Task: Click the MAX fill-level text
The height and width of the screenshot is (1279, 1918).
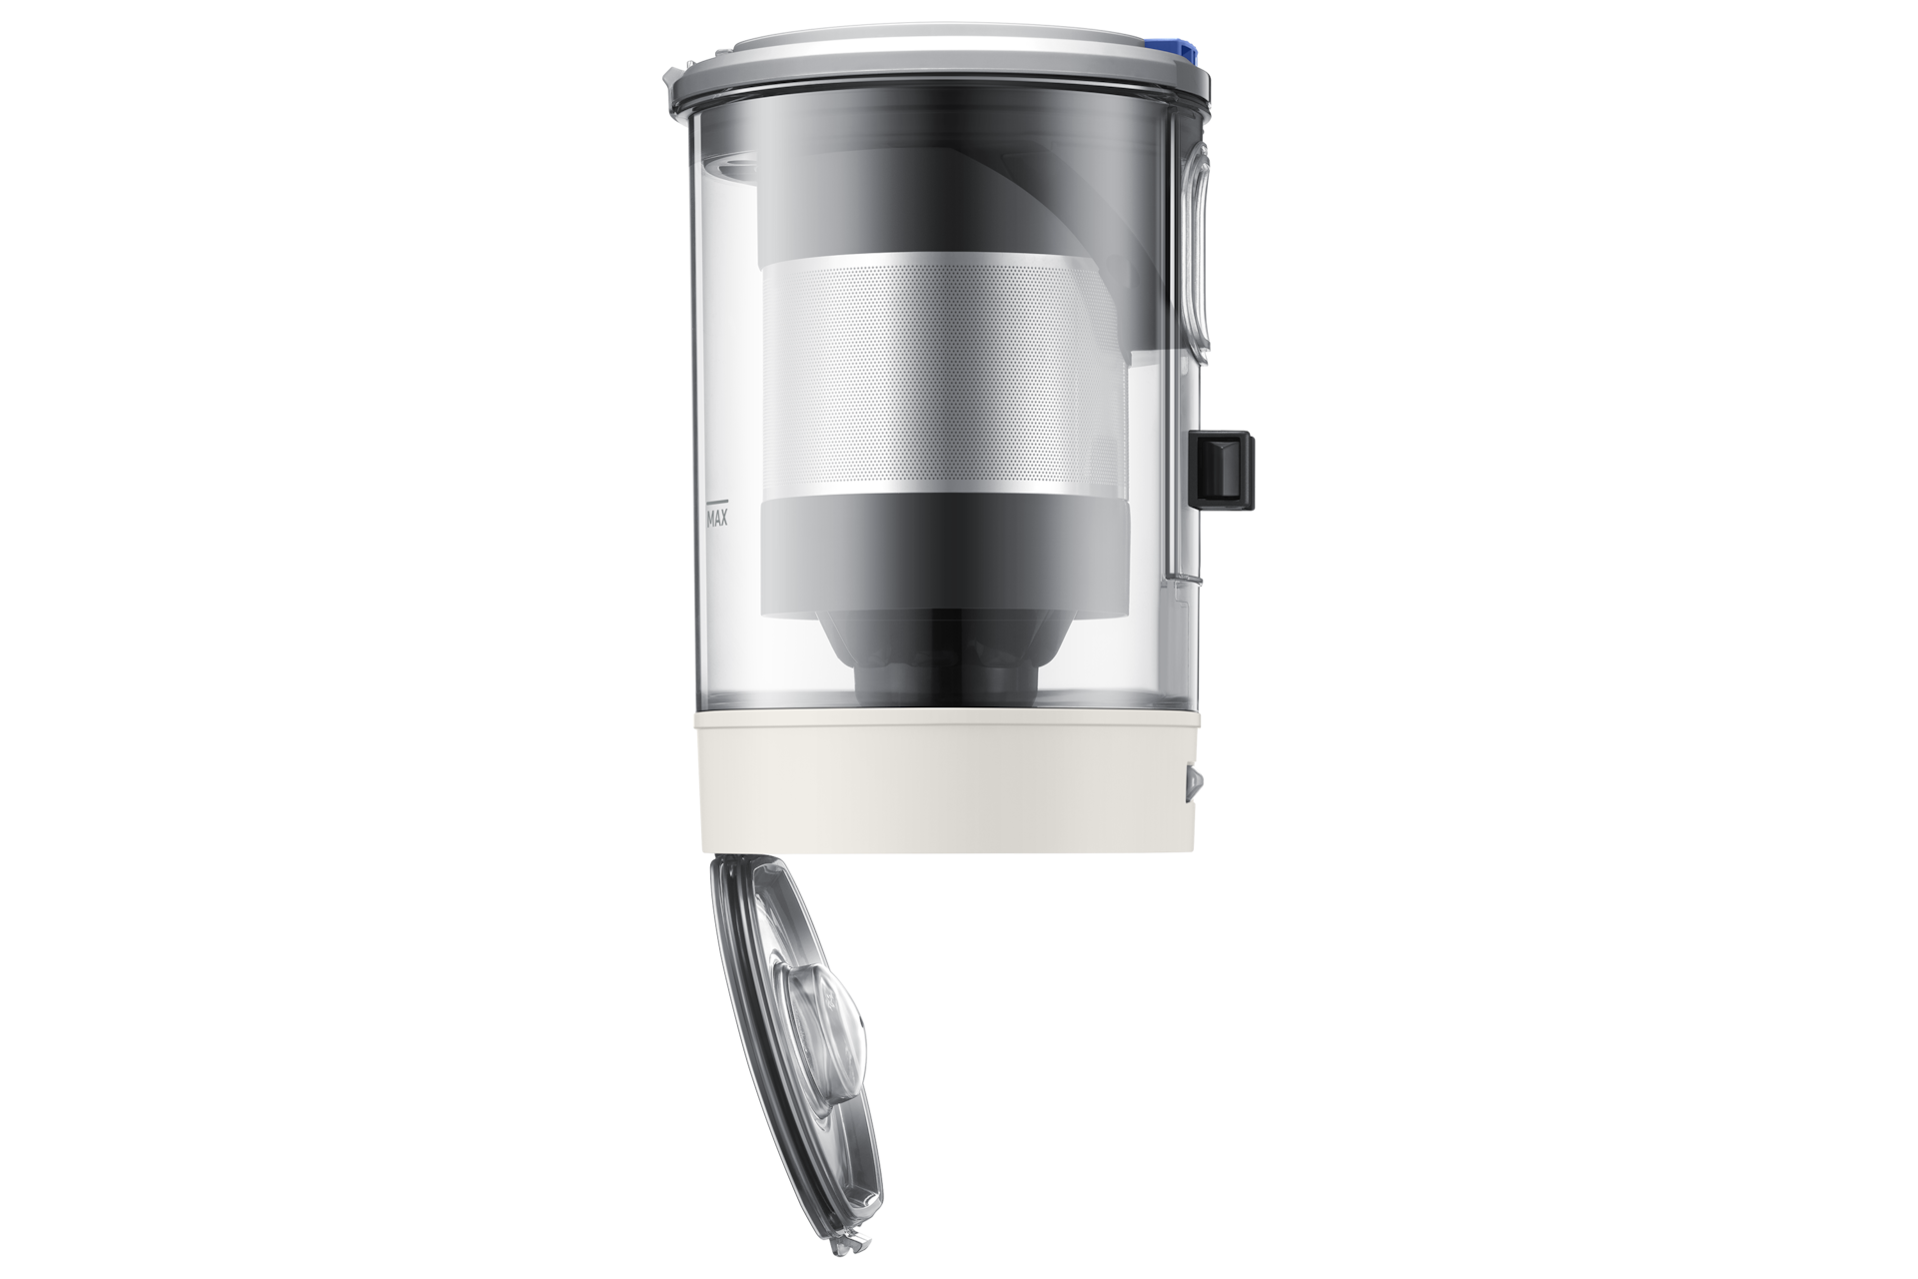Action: (x=716, y=519)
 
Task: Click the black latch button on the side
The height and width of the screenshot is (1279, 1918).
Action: (x=1223, y=469)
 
